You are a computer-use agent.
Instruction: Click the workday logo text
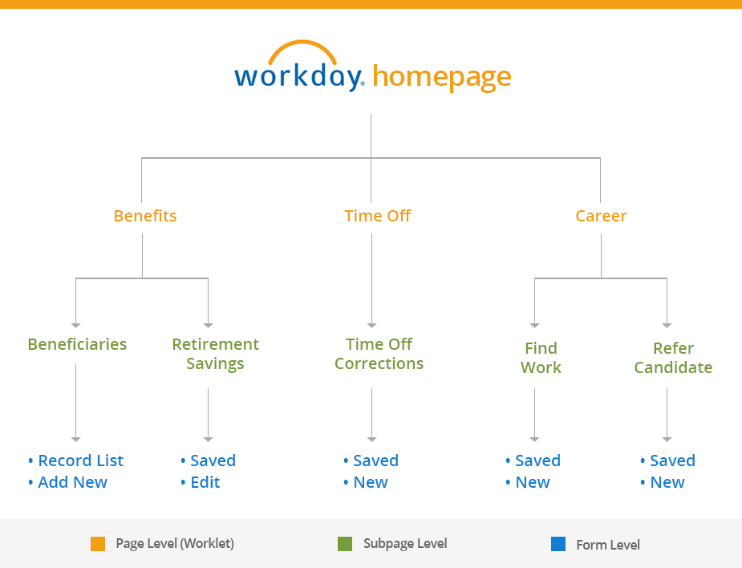299,75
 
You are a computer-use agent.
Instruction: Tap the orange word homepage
442,77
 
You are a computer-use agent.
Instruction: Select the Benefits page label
145,216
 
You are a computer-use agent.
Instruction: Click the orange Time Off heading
378,216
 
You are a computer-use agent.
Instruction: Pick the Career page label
601,216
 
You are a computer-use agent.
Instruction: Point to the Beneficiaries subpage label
77,344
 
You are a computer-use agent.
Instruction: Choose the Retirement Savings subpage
215,354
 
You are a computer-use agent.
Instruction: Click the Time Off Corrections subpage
379,354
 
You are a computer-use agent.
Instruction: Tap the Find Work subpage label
541,358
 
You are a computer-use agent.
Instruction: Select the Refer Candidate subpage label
673,358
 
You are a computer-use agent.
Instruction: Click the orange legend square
98,544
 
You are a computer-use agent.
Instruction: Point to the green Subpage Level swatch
345,544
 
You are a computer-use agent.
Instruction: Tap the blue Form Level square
558,544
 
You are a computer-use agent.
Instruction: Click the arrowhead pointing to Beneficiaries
75,325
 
